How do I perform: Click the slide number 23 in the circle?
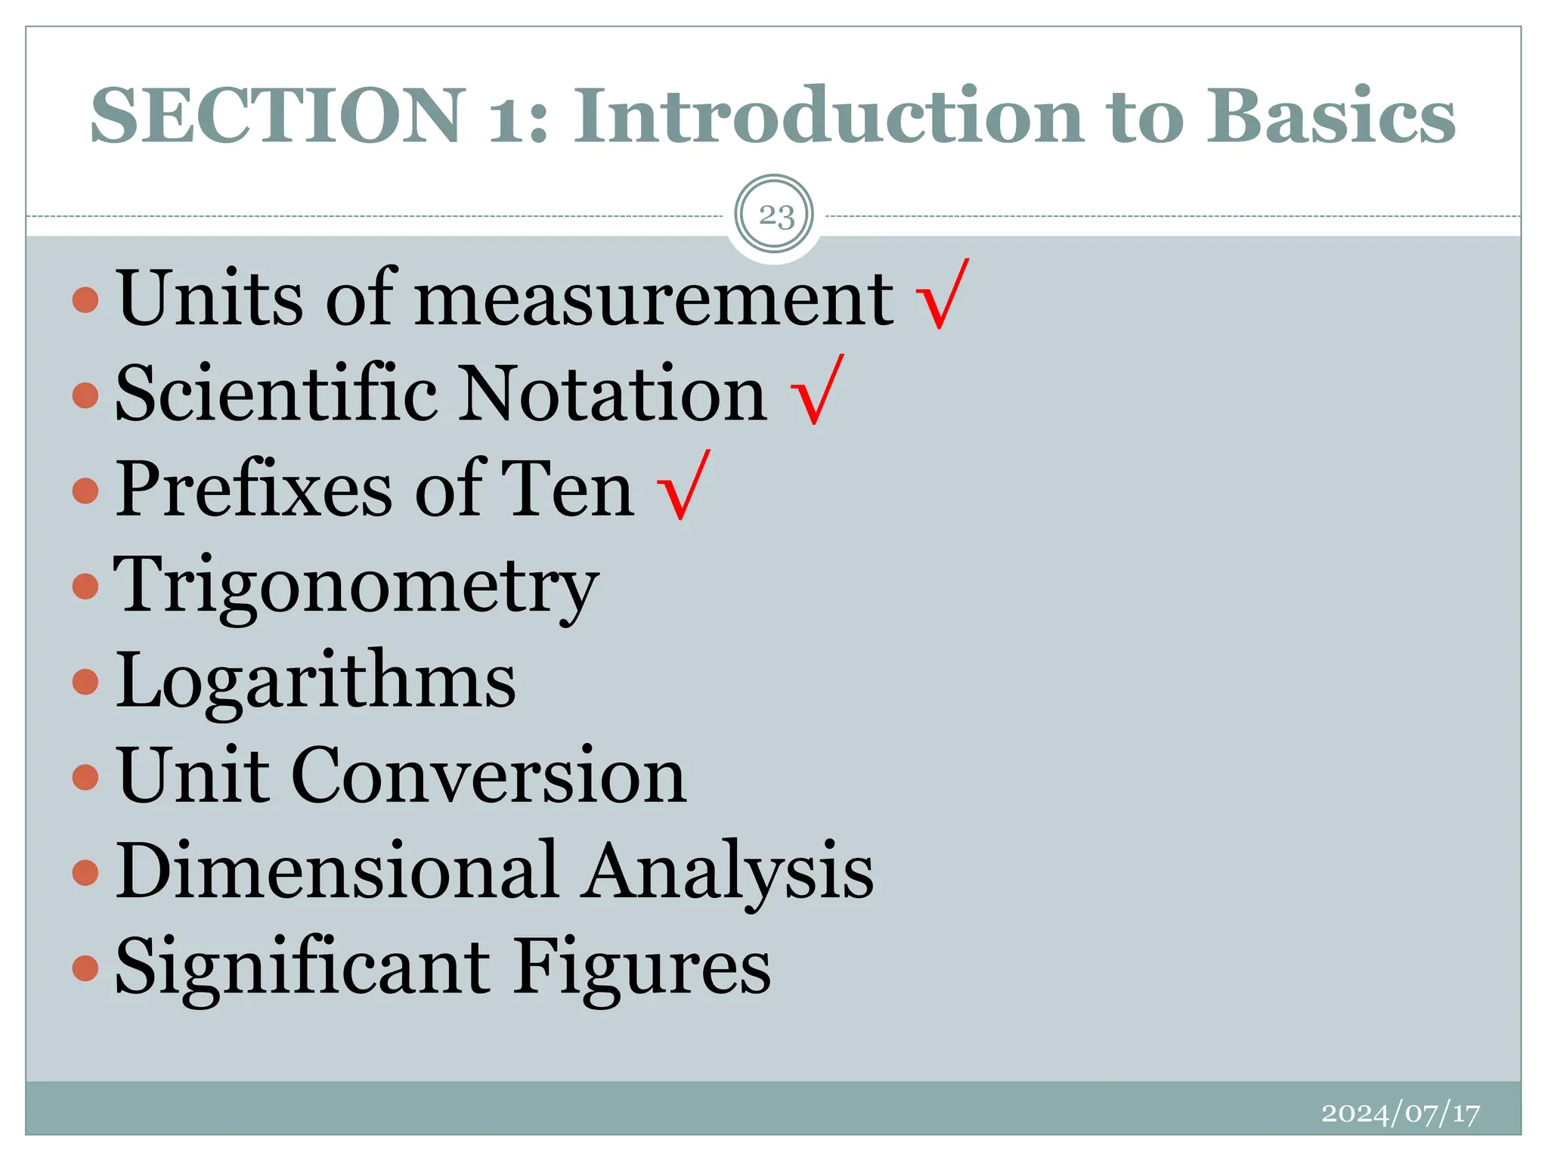pos(775,216)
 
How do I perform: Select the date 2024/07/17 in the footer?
pos(1400,1113)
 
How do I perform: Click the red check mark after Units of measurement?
pos(942,295)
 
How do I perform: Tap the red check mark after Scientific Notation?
pos(816,390)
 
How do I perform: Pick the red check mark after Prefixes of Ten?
pos(684,485)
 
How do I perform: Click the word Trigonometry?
pos(356,587)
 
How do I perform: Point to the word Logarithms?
pos(316,680)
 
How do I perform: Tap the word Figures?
pos(642,967)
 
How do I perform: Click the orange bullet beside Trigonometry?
pos(85,586)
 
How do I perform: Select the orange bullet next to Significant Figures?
pos(85,967)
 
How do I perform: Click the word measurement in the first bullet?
pos(654,299)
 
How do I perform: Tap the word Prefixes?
pos(254,490)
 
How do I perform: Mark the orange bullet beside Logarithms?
pos(85,681)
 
